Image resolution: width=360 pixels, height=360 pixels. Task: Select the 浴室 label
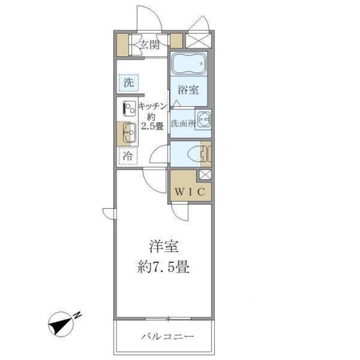[188, 89]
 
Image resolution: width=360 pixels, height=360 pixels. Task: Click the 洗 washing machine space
[129, 82]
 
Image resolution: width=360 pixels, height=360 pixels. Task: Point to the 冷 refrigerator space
[129, 157]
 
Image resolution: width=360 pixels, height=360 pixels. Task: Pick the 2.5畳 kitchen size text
[152, 127]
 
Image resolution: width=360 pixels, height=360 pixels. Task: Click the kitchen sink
[128, 134]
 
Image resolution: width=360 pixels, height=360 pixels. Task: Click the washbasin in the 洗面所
[204, 120]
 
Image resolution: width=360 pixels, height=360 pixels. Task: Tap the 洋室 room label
[160, 246]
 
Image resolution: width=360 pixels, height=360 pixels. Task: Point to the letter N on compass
[79, 314]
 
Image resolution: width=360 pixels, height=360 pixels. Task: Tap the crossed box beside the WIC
[205, 174]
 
